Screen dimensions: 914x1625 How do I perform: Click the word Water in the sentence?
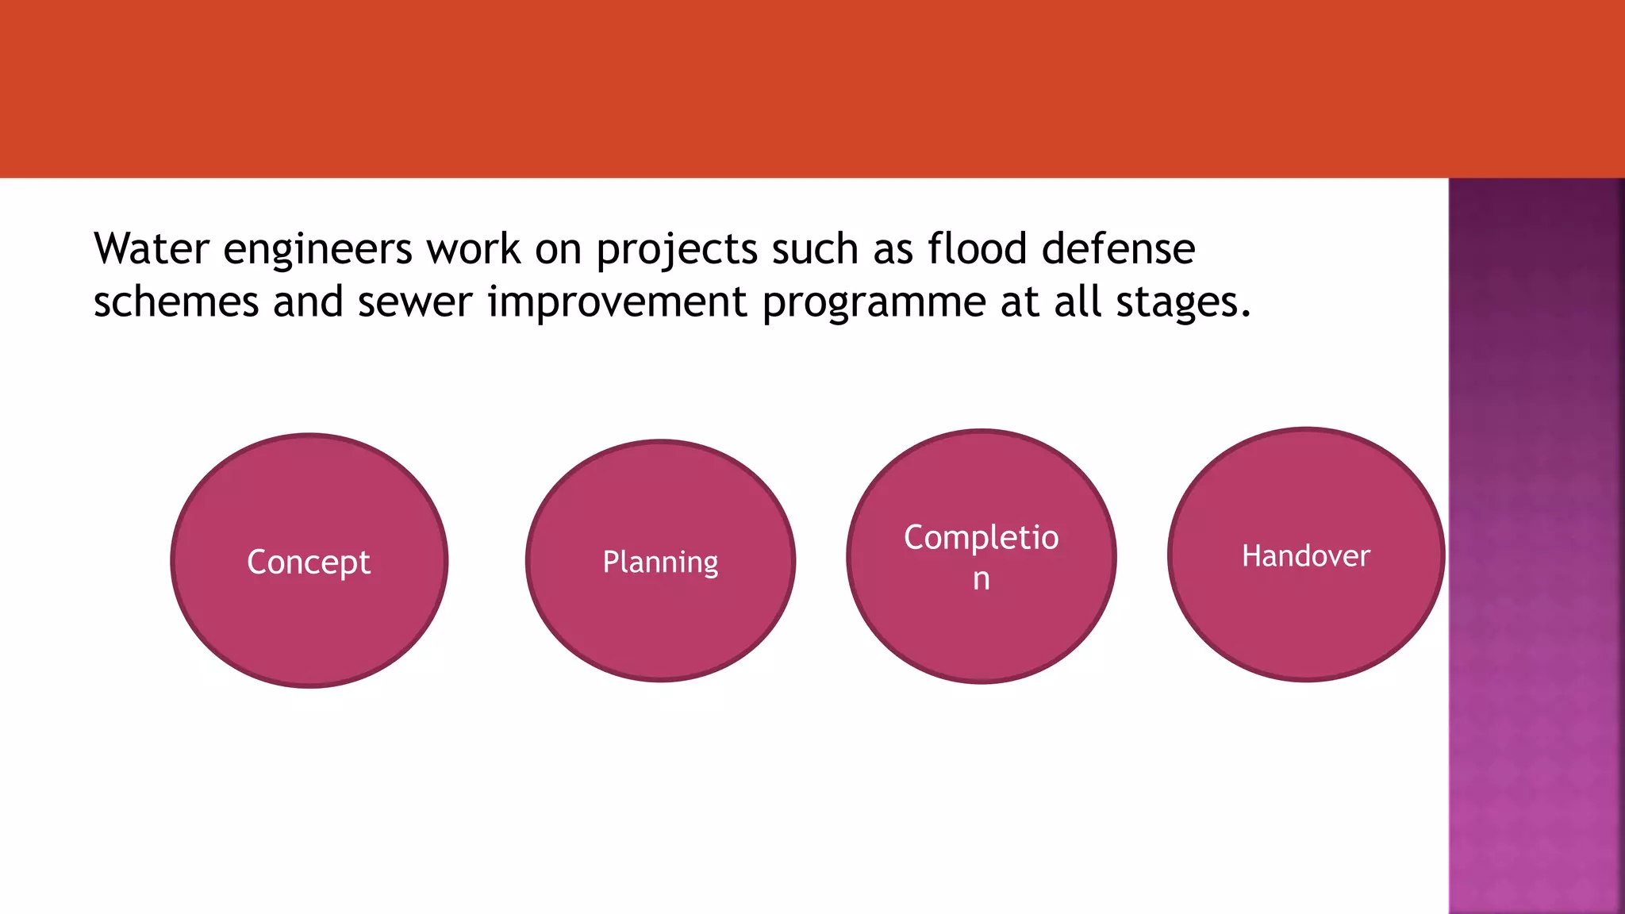[x=151, y=249]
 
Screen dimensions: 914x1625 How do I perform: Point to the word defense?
[x=1118, y=249]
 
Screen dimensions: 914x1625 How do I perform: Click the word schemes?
[x=176, y=302]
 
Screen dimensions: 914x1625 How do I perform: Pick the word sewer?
[x=414, y=302]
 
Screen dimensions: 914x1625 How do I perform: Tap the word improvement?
[x=617, y=302]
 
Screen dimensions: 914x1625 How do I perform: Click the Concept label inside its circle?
[x=309, y=563]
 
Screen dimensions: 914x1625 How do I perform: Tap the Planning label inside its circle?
[x=660, y=563]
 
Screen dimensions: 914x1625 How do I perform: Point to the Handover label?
[x=1305, y=555]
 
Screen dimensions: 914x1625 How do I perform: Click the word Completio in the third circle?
[x=981, y=538]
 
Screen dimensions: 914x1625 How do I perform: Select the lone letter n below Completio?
[x=982, y=580]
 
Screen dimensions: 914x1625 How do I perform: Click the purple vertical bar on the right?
[x=1536, y=547]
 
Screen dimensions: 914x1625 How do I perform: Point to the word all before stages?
[x=1077, y=302]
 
